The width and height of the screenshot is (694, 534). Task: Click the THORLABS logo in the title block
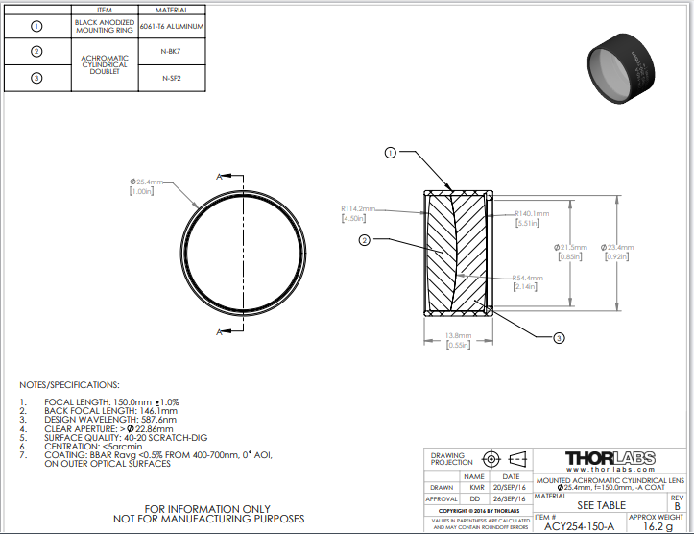click(x=611, y=458)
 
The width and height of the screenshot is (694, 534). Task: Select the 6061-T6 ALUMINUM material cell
click(x=172, y=26)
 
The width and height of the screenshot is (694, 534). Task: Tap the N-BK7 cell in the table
click(x=172, y=51)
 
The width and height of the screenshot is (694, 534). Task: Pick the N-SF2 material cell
click(x=172, y=78)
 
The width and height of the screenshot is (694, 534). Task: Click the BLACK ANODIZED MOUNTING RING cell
click(x=106, y=26)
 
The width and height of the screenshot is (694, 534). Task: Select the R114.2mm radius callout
click(x=358, y=208)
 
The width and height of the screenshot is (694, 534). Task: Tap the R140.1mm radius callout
click(x=532, y=213)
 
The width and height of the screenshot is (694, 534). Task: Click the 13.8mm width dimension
click(x=456, y=335)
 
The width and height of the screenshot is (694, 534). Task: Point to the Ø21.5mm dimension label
click(x=570, y=247)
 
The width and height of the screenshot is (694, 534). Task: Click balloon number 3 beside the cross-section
click(x=560, y=337)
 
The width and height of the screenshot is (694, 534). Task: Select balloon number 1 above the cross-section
click(x=391, y=152)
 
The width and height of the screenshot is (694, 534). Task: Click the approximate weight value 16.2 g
click(x=658, y=525)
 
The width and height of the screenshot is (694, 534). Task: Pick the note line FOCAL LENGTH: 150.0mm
click(x=111, y=401)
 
